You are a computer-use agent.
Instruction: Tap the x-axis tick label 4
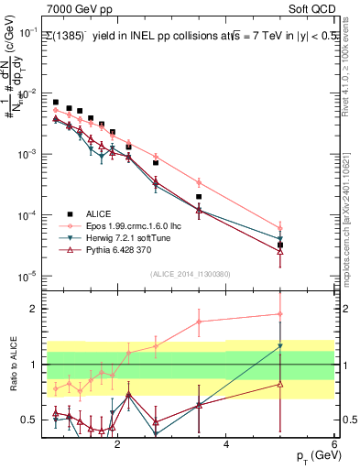226,445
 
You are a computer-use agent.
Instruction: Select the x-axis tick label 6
334,445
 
